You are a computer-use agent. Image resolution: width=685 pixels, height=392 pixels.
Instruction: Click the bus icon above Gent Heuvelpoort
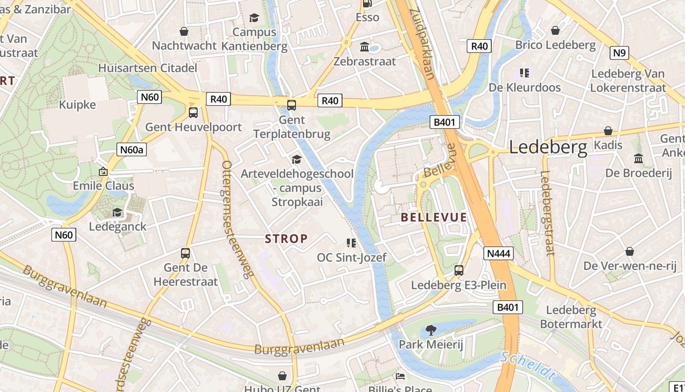coord(193,113)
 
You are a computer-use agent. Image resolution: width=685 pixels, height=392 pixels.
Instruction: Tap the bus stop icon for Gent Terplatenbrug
coord(292,105)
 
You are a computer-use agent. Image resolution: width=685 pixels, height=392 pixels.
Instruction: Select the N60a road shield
coord(132,149)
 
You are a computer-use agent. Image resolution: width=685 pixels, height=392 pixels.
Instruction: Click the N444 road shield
coord(499,253)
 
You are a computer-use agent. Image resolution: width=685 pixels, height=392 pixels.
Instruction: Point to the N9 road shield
coord(619,52)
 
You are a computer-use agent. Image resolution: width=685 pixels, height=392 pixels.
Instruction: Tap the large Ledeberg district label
coord(548,147)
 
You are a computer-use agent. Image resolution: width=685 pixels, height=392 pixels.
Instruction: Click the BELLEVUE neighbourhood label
coord(434,218)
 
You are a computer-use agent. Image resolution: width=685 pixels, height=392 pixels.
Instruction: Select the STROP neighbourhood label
coord(286,239)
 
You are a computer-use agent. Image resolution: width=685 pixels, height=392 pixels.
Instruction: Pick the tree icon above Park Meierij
coord(431,330)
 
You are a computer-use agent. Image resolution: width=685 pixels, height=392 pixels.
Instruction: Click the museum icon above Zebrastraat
coord(365,47)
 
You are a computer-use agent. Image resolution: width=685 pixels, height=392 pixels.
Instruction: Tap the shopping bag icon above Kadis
coord(608,131)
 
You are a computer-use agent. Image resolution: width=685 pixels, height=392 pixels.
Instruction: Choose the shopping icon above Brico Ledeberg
coord(555,30)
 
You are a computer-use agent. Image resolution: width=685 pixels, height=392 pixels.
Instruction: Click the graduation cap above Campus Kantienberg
coord(254,18)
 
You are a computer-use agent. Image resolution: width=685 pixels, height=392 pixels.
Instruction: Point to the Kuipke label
coord(77,105)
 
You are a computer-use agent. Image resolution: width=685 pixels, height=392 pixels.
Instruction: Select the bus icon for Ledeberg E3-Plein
coord(459,270)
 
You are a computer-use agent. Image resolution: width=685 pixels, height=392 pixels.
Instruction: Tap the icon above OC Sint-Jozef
coord(350,243)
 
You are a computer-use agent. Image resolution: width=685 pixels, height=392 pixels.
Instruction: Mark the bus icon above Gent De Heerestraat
coord(185,253)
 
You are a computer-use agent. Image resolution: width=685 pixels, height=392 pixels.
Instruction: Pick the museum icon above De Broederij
coord(639,158)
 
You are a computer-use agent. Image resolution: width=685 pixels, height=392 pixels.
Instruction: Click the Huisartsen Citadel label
coord(148,68)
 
